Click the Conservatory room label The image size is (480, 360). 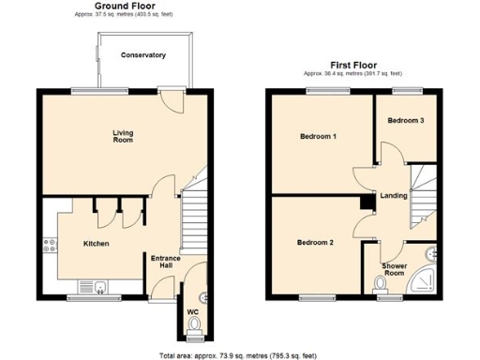click(x=143, y=55)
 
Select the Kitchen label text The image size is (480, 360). click(x=97, y=244)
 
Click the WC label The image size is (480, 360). click(x=193, y=311)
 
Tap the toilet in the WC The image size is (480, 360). click(x=194, y=325)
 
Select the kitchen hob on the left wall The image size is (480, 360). click(x=45, y=247)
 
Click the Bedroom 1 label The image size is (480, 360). click(x=318, y=137)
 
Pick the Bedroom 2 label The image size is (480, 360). click(x=315, y=242)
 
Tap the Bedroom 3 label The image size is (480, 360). click(x=406, y=121)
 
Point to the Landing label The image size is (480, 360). click(x=393, y=195)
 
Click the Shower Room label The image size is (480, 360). click(x=395, y=269)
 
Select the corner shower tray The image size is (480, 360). click(x=427, y=280)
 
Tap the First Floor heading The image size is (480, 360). click(x=352, y=65)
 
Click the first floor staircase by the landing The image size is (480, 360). click(x=423, y=197)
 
